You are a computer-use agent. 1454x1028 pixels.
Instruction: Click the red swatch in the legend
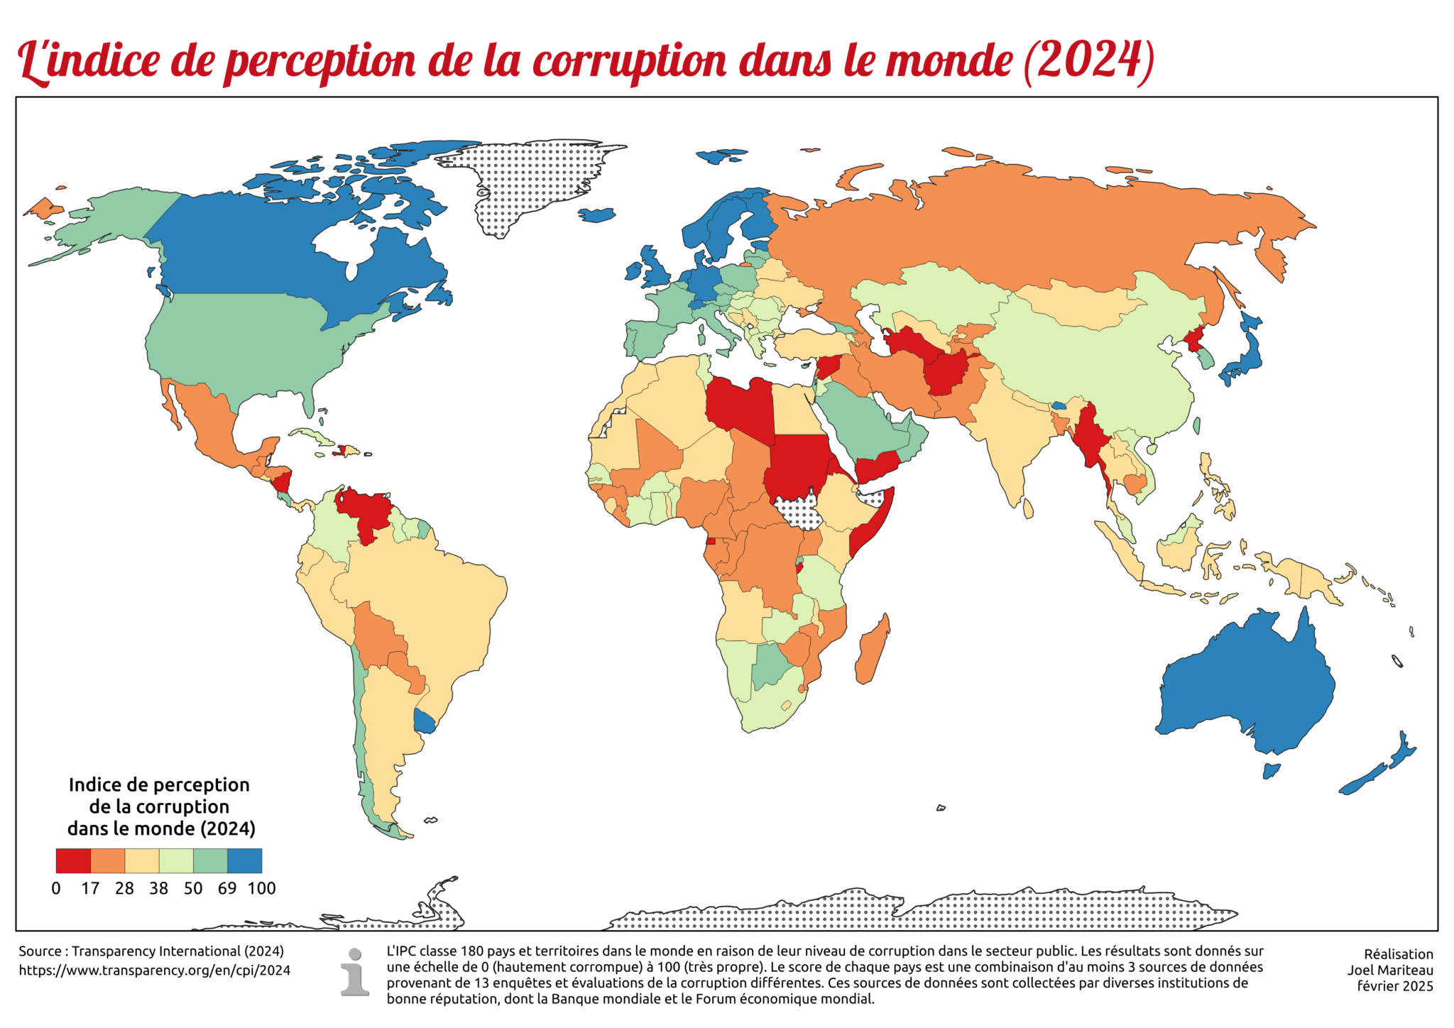click(x=73, y=860)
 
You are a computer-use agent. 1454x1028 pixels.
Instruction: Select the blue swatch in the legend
click(x=244, y=860)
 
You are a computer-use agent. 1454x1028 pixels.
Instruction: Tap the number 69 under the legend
click(x=226, y=888)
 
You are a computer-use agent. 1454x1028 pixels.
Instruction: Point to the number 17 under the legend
click(x=90, y=888)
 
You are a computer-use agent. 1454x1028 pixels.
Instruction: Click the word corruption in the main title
click(x=629, y=60)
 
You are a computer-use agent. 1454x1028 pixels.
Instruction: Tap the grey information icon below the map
click(x=354, y=972)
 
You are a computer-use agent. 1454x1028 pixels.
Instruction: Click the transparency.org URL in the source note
click(x=154, y=970)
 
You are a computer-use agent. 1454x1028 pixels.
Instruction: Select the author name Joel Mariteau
click(x=1389, y=970)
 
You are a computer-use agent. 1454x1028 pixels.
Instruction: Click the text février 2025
click(x=1394, y=986)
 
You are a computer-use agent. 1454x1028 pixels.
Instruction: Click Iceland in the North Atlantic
click(x=596, y=214)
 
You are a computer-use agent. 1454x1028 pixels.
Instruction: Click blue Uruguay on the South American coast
click(x=425, y=722)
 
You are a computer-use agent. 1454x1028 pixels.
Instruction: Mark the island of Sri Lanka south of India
click(x=1028, y=508)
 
